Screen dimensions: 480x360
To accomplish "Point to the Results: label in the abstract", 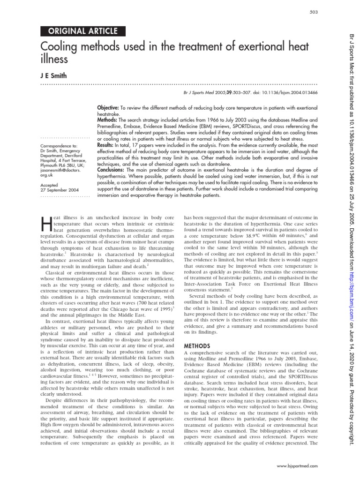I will click(108, 146).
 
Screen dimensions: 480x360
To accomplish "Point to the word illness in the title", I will click(55, 60).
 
